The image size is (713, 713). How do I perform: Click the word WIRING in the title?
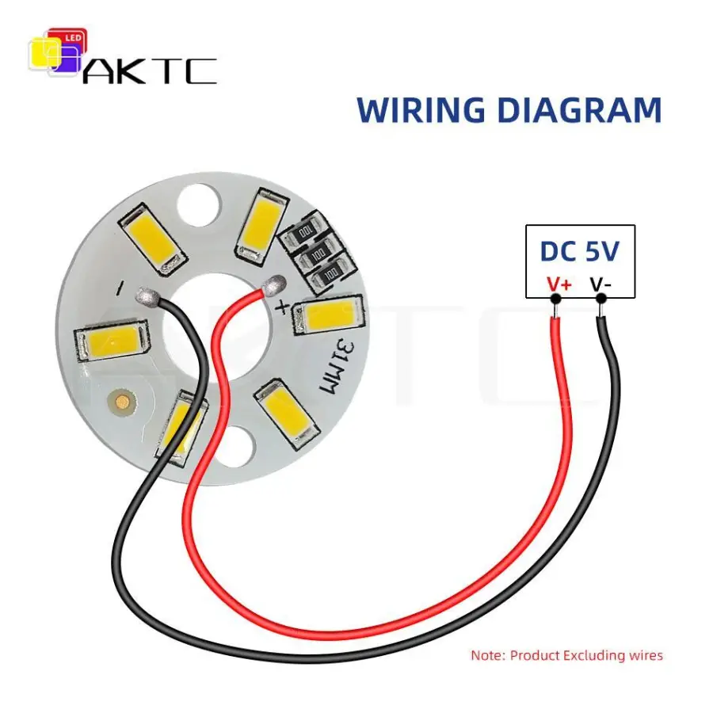[x=421, y=110]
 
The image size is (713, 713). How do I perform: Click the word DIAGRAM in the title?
[x=580, y=110]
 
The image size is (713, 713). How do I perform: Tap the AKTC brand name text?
[x=150, y=71]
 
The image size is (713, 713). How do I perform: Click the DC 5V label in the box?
[x=580, y=251]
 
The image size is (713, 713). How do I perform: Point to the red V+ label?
[x=559, y=285]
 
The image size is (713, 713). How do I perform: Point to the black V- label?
[x=601, y=285]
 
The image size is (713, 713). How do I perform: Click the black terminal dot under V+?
[x=555, y=299]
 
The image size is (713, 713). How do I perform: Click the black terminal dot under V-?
[x=601, y=299]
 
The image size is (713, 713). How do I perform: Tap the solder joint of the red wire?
[x=275, y=284]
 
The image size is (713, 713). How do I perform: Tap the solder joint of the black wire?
[x=147, y=295]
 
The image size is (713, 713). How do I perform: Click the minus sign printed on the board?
[x=120, y=288]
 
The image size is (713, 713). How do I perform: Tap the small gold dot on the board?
[x=122, y=402]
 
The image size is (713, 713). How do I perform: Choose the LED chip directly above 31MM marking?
[x=329, y=315]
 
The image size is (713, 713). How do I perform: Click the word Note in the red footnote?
[x=487, y=655]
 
